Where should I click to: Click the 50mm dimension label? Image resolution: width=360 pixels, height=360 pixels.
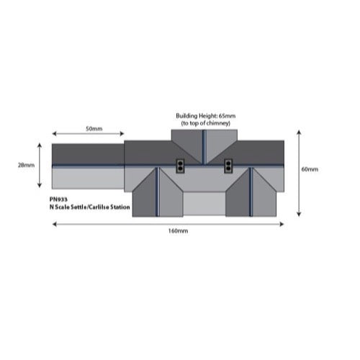(x=94, y=129)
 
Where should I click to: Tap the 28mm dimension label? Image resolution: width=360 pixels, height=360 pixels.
(x=26, y=165)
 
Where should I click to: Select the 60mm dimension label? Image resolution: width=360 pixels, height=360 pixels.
(x=310, y=169)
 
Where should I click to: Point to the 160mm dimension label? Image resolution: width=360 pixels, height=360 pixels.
(x=178, y=231)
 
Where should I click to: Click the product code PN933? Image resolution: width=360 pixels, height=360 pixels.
(x=58, y=199)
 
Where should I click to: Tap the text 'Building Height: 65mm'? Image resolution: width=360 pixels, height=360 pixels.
(x=206, y=116)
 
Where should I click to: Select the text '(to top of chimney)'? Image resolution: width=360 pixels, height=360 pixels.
(x=206, y=123)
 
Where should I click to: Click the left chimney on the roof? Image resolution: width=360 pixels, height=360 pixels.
(x=179, y=166)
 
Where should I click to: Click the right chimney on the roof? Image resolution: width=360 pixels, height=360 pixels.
(x=228, y=166)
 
